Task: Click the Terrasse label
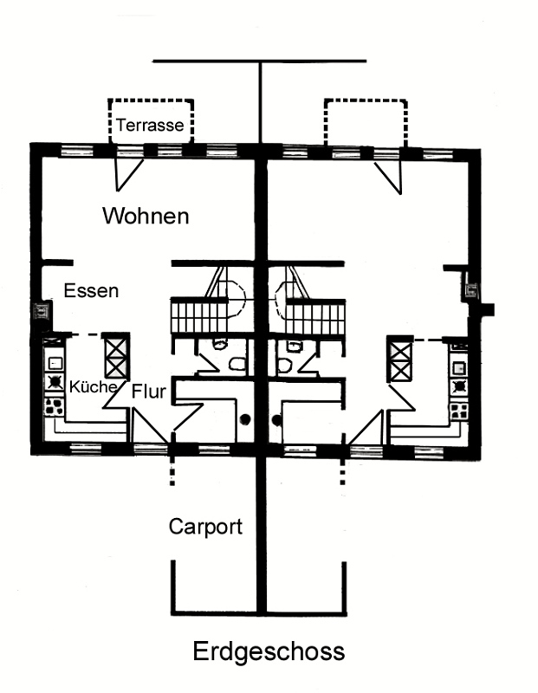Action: point(150,125)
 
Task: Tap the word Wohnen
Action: point(146,216)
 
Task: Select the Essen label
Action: point(92,290)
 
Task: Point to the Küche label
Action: point(93,386)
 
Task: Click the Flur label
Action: point(148,392)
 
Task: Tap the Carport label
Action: point(205,527)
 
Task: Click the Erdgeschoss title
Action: point(269,651)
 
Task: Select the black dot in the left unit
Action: point(245,419)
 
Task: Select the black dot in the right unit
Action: point(276,420)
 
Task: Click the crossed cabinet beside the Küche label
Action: point(116,356)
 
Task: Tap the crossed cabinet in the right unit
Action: point(400,359)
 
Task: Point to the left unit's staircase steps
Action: point(199,316)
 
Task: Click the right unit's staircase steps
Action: point(315,317)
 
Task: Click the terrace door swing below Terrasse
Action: point(129,175)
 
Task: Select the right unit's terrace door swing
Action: point(389,178)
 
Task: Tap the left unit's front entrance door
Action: point(150,426)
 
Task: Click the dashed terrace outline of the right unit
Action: point(366,100)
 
